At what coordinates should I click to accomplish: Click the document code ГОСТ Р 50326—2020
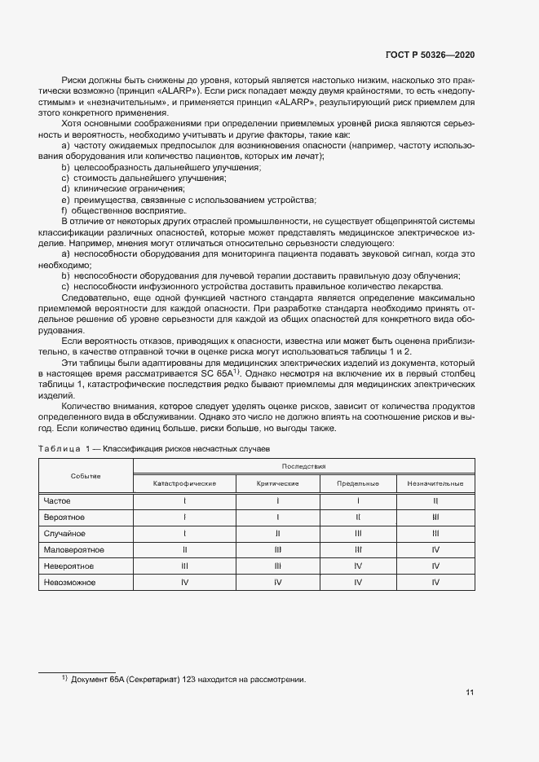(430, 55)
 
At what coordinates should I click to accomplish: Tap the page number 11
(470, 694)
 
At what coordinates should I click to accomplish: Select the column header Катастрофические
(184, 483)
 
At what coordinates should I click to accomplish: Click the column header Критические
(277, 483)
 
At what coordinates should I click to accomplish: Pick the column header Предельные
(358, 483)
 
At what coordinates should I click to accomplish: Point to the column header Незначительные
(435, 483)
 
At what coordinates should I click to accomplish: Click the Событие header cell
(86, 475)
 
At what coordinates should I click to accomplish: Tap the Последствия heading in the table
(303, 466)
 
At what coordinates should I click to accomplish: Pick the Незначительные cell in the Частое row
(435, 501)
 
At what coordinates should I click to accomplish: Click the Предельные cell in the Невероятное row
(358, 566)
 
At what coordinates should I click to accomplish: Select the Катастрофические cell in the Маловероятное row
(184, 550)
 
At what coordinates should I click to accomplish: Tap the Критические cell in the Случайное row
(277, 534)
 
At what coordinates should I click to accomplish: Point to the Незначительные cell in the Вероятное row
(435, 518)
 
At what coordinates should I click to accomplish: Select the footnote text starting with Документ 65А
(188, 680)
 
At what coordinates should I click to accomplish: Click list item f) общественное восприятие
(125, 210)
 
